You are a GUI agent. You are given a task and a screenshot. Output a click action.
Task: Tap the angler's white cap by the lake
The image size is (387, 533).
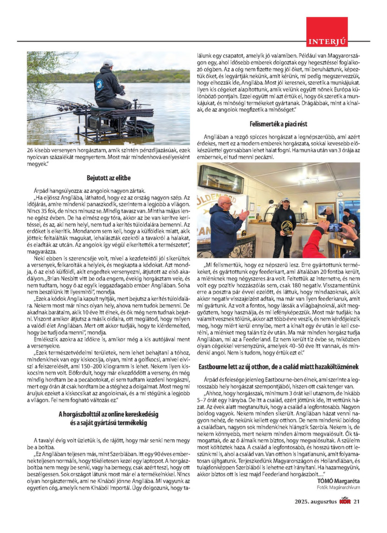coord(108,63)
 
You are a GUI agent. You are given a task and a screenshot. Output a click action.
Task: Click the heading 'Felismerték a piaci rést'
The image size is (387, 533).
coord(278,124)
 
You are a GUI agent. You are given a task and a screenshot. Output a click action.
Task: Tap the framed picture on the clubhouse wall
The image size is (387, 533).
coord(325,209)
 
